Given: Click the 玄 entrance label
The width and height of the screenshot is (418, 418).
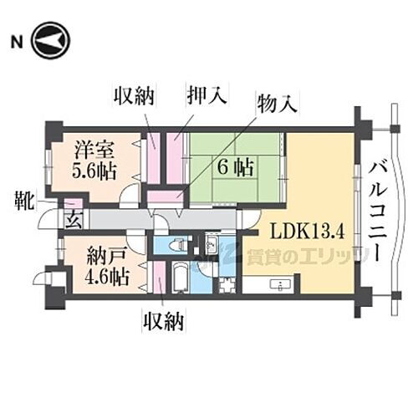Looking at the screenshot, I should click(x=72, y=222).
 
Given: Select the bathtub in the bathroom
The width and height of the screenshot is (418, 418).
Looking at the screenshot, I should click(x=178, y=275).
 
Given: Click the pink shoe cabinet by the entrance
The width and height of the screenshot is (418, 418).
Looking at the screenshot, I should click(x=72, y=204).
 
